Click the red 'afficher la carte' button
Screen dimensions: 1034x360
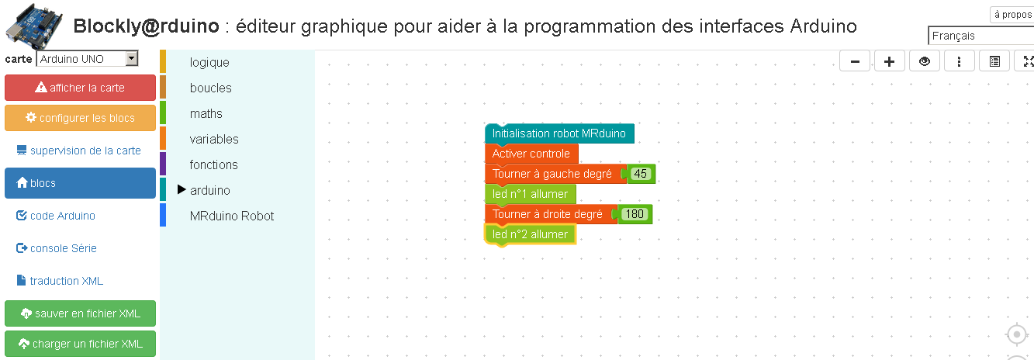coord(81,88)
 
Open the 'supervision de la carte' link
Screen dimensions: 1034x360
coord(78,151)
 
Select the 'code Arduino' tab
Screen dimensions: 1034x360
coord(55,216)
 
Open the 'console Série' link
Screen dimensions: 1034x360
coord(57,248)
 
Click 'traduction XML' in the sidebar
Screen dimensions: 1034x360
coord(60,281)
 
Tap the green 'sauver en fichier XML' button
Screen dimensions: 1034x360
coord(81,313)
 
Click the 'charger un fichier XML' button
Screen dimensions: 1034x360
coord(81,344)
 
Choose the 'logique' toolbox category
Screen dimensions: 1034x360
coord(209,62)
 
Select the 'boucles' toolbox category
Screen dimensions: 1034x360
coord(210,88)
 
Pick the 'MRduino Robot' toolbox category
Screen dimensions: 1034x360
coord(232,216)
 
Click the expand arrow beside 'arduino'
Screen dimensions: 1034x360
coord(182,189)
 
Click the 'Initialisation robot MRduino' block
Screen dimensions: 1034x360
coord(559,133)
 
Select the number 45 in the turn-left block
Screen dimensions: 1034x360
coord(640,174)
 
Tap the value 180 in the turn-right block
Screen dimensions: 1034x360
coord(635,214)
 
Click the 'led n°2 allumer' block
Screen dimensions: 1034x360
coord(530,234)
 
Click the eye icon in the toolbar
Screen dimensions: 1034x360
coord(925,61)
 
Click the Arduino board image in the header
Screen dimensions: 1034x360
coord(34,26)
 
